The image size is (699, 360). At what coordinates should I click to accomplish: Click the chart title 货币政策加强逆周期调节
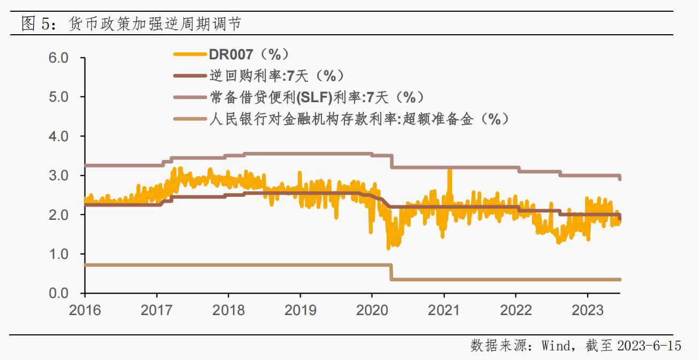[x=155, y=24]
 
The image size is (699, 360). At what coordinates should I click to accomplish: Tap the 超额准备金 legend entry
[x=358, y=119]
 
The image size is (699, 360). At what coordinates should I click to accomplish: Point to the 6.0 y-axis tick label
[x=59, y=58]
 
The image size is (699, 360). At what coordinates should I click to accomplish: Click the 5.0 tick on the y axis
[x=59, y=97]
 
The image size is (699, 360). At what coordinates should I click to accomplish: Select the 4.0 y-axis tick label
[x=59, y=136]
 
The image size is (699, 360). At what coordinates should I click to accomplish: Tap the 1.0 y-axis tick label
[x=59, y=254]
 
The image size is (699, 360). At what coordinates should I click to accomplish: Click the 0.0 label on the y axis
[x=59, y=293]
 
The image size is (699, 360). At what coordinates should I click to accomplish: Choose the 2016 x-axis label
[x=85, y=310]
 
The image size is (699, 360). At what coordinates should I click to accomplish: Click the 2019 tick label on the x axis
[x=300, y=310]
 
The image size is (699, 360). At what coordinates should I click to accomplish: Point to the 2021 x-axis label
[x=444, y=310]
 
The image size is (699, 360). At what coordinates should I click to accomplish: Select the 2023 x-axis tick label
[x=587, y=310]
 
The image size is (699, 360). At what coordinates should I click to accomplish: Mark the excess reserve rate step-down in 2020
[x=391, y=272]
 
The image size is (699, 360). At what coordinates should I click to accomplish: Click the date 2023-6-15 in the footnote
[x=649, y=346]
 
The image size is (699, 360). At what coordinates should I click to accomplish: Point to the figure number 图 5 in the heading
[x=34, y=24]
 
